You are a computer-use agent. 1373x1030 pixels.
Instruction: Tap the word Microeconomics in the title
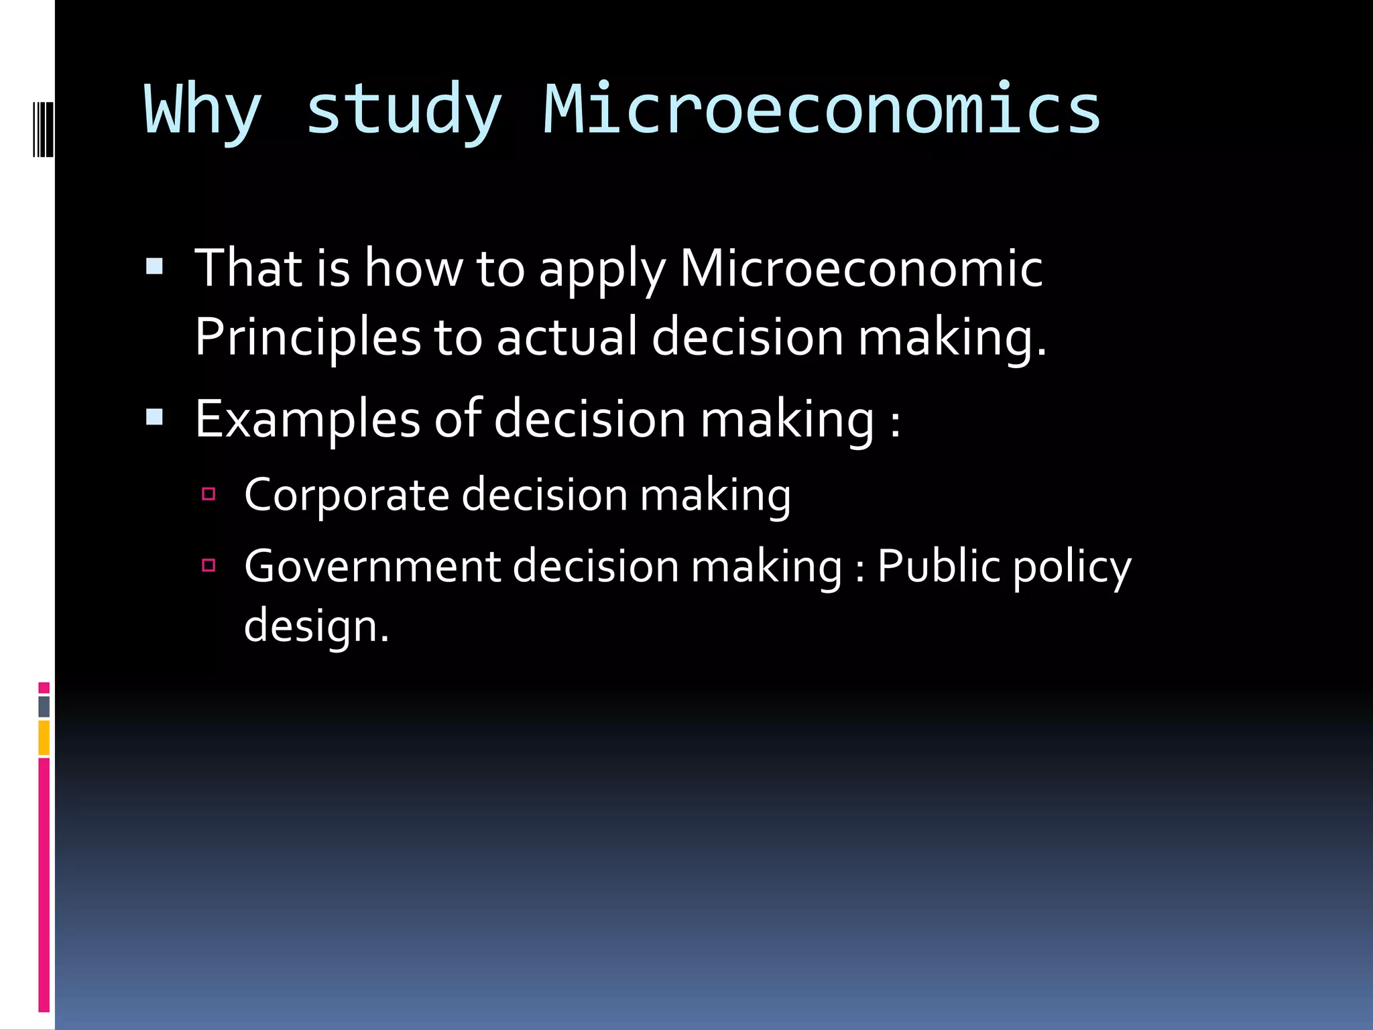click(x=822, y=109)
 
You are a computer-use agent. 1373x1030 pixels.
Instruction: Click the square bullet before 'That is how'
click(x=154, y=267)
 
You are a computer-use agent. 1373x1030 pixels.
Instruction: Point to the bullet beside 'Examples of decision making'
click(x=154, y=418)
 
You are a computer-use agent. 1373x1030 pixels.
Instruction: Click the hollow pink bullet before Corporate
click(x=208, y=494)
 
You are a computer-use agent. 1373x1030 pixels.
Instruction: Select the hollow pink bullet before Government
click(x=208, y=565)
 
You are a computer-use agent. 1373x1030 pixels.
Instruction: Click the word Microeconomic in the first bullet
click(x=861, y=268)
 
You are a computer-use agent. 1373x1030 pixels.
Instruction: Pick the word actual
click(x=566, y=337)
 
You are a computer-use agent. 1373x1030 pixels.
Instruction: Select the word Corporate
click(x=346, y=495)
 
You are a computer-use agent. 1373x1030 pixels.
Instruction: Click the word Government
click(x=372, y=566)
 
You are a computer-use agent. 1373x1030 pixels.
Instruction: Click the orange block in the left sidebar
click(x=44, y=738)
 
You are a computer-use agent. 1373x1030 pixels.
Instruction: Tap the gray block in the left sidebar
click(x=44, y=706)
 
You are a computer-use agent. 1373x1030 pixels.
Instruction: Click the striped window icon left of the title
click(x=44, y=129)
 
